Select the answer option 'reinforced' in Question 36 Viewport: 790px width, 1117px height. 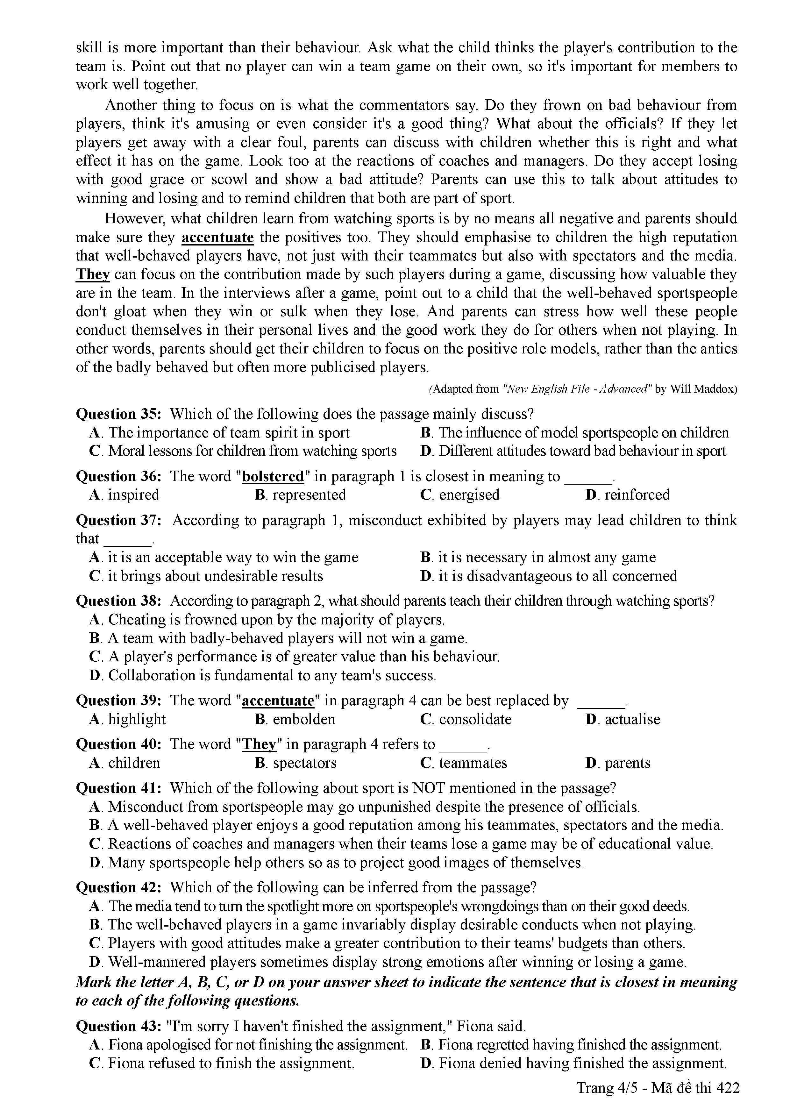tap(637, 495)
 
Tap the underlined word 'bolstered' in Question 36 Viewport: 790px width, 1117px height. tap(273, 476)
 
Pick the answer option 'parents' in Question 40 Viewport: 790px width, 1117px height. tap(627, 763)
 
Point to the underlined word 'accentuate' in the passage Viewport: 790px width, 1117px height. tap(217, 238)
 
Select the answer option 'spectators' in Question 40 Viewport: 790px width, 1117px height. tap(304, 763)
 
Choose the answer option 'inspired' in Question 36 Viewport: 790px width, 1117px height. tap(133, 495)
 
